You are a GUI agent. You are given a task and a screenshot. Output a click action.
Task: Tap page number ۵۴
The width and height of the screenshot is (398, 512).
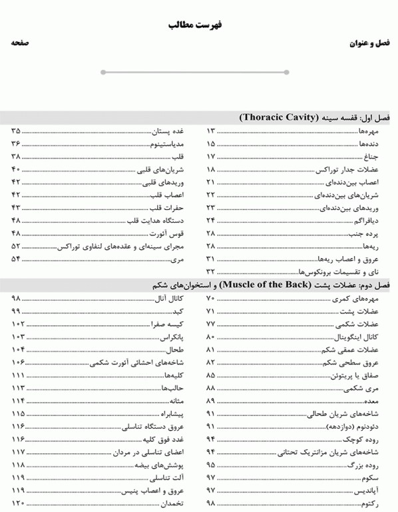click(x=17, y=258)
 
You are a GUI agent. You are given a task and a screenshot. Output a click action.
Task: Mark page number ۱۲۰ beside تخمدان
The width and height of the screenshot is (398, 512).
click(x=17, y=503)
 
